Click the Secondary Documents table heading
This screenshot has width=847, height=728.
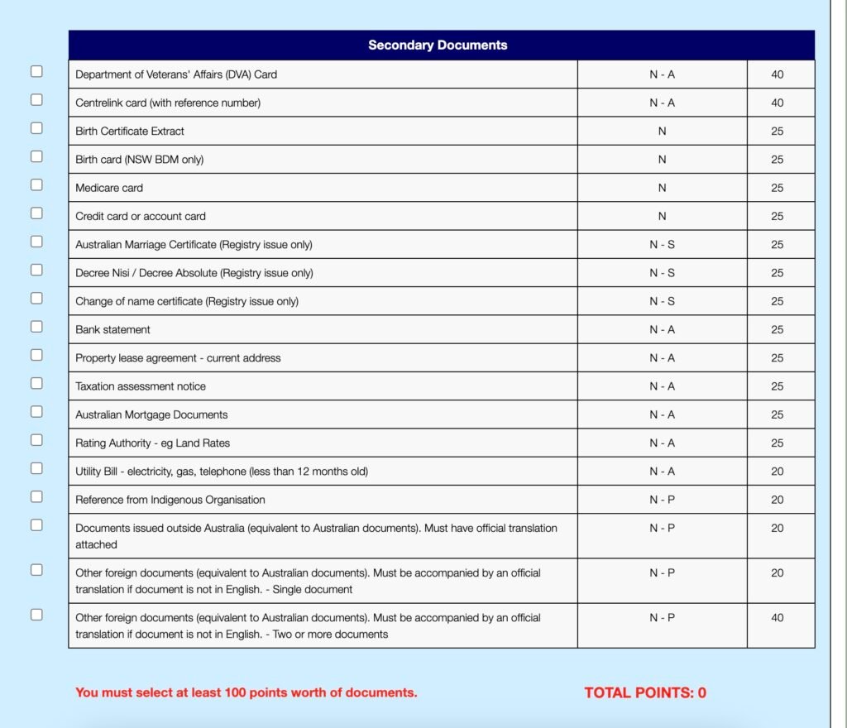tap(438, 45)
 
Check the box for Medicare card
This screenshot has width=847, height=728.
tap(36, 184)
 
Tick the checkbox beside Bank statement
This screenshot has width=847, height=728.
tap(36, 326)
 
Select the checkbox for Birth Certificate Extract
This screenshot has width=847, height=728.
tap(36, 128)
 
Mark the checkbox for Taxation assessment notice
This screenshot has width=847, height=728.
tap(36, 383)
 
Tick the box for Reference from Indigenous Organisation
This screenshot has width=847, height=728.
tap(36, 496)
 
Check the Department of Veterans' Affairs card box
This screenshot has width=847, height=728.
tap(36, 71)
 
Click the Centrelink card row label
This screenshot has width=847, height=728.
tap(168, 103)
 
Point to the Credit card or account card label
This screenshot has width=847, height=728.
tap(141, 216)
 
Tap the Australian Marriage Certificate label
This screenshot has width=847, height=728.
tap(194, 245)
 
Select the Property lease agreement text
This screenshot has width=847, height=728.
tap(178, 358)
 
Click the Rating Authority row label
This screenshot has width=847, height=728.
tap(152, 443)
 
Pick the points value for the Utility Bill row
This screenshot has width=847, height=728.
tap(777, 472)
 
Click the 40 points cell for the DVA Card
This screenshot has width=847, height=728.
tap(777, 74)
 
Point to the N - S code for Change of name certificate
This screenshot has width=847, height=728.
tap(662, 301)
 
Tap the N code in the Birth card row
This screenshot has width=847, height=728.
tap(662, 160)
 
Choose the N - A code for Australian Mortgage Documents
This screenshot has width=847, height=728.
tap(662, 414)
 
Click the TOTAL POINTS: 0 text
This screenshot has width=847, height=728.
tap(645, 693)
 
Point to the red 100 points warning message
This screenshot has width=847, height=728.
tap(246, 692)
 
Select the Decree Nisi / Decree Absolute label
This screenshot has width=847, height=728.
tap(194, 273)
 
